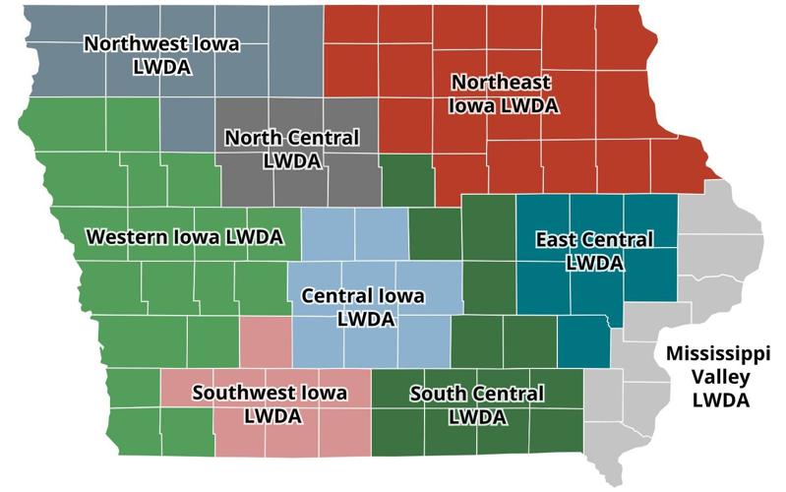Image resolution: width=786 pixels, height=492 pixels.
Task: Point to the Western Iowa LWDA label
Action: (x=184, y=237)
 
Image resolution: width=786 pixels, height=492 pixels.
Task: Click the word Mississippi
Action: (x=717, y=354)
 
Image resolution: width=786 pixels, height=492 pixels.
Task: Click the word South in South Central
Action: (x=433, y=395)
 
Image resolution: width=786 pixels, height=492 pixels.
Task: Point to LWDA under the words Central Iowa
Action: (x=365, y=319)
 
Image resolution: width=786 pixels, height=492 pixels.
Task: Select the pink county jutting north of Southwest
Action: (x=266, y=342)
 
